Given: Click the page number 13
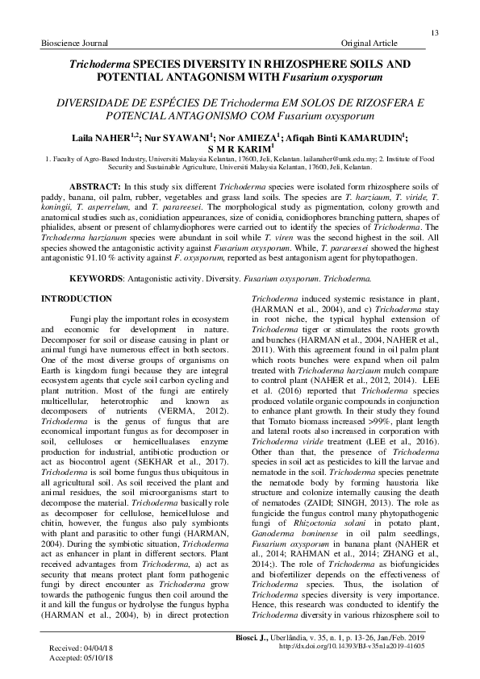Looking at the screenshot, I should (434, 31).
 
